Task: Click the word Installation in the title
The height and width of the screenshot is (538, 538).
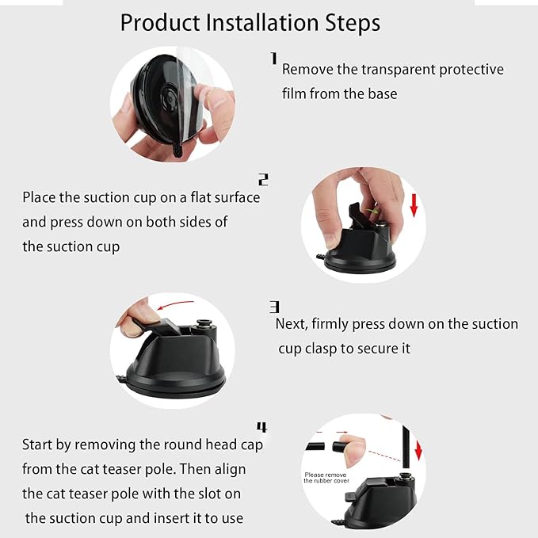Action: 262,23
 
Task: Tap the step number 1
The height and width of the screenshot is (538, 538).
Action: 273,58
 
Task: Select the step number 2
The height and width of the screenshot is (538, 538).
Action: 263,179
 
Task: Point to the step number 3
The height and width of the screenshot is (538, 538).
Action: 274,307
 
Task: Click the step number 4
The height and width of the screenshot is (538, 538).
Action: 261,427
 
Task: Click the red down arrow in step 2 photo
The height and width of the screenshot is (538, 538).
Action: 414,205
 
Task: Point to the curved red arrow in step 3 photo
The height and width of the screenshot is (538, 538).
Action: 175,304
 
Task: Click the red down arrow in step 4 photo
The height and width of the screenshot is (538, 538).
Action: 418,451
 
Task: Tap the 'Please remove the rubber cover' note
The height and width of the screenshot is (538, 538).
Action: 326,478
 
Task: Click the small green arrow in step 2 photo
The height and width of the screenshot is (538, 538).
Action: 371,211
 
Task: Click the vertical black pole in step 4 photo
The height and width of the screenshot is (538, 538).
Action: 406,446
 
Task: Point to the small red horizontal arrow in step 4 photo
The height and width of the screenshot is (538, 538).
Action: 341,433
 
